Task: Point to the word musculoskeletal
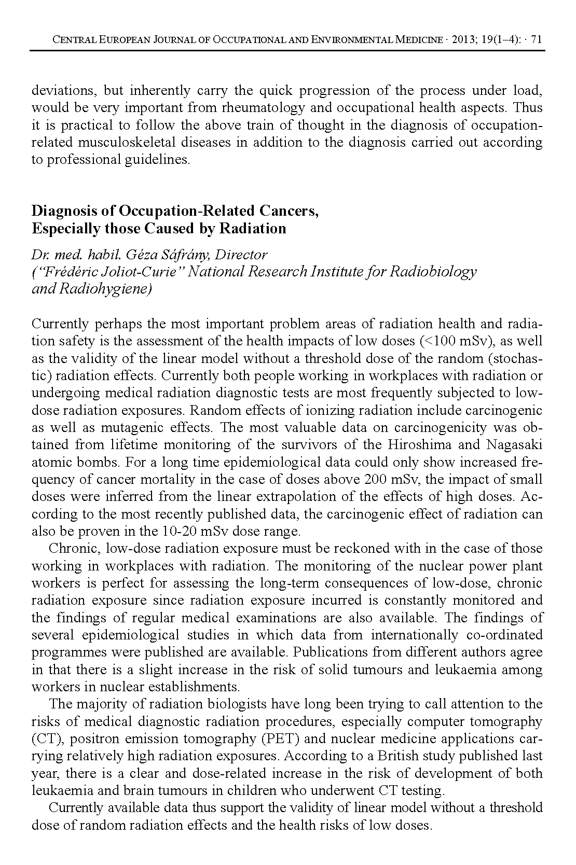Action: [127, 142]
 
